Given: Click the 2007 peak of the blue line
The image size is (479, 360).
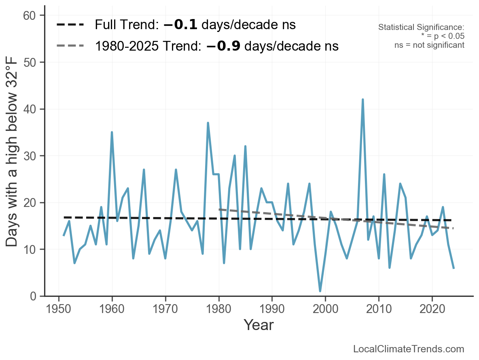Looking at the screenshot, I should [x=362, y=100].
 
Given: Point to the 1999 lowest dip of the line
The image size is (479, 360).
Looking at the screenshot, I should [x=320, y=291].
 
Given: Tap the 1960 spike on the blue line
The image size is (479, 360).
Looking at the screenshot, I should [x=112, y=132].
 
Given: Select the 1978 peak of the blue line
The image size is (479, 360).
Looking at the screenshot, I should [x=208, y=123].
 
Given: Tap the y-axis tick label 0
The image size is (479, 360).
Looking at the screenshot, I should [x=34, y=296].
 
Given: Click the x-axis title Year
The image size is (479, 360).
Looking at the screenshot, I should [x=259, y=325].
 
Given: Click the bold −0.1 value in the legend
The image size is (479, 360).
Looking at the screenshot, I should [x=180, y=25].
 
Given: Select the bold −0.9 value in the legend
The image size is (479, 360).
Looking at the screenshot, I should [x=223, y=46].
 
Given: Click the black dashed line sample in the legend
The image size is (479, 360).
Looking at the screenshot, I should [x=70, y=25].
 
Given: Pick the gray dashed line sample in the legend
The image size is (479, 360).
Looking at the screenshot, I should [x=70, y=46].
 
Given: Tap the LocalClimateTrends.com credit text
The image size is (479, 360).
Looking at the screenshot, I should [x=409, y=349].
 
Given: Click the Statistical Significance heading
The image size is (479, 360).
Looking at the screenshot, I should [x=421, y=28].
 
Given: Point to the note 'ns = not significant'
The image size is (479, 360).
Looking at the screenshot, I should [x=429, y=45].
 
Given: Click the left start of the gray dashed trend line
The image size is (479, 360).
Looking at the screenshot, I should [x=219, y=209].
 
